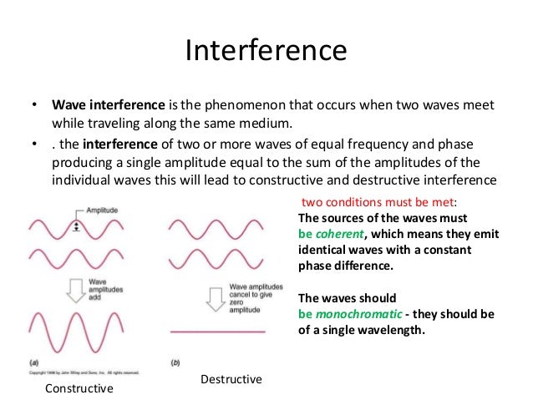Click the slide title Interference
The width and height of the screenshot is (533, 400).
click(266, 51)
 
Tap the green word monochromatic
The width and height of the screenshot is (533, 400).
click(360, 313)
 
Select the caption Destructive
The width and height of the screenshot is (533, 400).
click(231, 379)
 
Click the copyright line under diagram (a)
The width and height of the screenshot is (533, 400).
click(84, 372)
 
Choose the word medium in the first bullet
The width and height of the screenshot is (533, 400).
click(271, 124)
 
